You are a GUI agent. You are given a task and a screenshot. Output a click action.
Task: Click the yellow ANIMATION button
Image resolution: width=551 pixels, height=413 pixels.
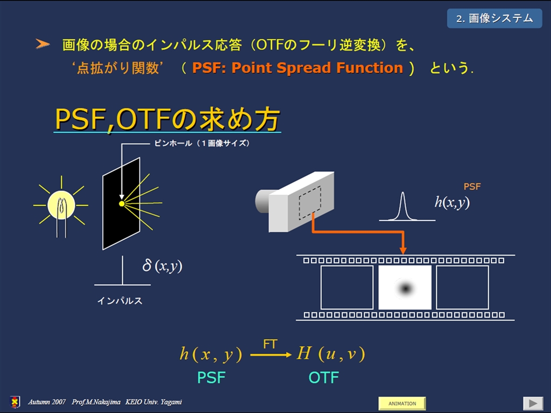[402, 403]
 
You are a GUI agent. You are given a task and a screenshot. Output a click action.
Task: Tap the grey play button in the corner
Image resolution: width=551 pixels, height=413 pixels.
[533, 403]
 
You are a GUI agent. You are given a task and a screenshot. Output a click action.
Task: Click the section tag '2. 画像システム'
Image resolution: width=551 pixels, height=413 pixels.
[495, 19]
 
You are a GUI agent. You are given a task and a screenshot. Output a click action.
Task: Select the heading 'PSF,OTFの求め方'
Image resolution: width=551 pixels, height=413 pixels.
[167, 119]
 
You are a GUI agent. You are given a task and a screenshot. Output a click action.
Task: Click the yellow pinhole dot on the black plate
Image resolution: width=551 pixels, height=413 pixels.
[122, 204]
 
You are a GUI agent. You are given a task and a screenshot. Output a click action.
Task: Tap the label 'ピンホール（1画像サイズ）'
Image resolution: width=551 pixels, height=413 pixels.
[202, 143]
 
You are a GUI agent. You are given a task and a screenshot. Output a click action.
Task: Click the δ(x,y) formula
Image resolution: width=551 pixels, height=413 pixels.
[163, 266]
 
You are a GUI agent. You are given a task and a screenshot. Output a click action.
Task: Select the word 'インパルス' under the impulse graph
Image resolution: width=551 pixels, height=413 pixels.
[120, 301]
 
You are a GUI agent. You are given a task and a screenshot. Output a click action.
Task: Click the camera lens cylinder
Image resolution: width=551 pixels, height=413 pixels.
[263, 201]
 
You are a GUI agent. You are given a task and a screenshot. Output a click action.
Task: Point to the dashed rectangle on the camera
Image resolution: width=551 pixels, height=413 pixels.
[309, 203]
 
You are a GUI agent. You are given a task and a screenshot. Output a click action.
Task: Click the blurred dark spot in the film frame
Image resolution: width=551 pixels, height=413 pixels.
[406, 288]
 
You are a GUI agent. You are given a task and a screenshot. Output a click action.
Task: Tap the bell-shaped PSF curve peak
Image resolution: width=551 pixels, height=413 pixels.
[402, 193]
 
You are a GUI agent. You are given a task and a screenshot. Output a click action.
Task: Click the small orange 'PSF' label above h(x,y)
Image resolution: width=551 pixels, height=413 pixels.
[472, 187]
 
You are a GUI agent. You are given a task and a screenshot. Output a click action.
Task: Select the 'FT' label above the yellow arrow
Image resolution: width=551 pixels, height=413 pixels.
[270, 344]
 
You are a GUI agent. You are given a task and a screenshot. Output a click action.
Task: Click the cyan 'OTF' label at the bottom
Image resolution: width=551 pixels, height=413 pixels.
[323, 378]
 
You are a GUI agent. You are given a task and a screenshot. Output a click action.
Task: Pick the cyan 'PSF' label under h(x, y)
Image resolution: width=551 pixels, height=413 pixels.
[211, 378]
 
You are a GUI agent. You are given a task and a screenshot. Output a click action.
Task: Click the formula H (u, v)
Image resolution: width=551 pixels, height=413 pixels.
[331, 353]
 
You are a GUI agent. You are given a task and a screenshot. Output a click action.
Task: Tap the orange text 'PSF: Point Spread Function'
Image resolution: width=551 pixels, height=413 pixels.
[297, 68]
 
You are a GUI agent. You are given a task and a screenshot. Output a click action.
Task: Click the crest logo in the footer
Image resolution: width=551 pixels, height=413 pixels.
[15, 402]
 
